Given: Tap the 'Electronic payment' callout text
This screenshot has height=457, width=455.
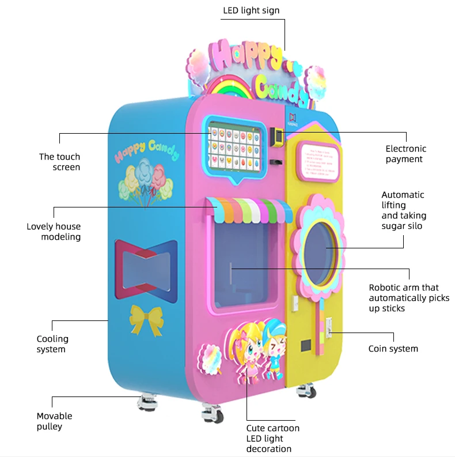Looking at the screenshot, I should [404, 154].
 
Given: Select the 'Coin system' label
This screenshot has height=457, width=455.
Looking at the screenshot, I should [393, 349].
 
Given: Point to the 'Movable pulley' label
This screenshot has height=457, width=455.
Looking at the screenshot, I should [54, 421].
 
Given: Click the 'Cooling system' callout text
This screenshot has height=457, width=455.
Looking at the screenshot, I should [52, 344].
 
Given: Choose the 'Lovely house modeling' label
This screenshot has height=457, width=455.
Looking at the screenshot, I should [54, 232].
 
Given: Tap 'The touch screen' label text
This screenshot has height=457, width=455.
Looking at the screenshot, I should [60, 162].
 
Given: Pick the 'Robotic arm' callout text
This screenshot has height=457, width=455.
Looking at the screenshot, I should [403, 298].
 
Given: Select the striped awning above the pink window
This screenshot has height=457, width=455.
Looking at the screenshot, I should [249, 209].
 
